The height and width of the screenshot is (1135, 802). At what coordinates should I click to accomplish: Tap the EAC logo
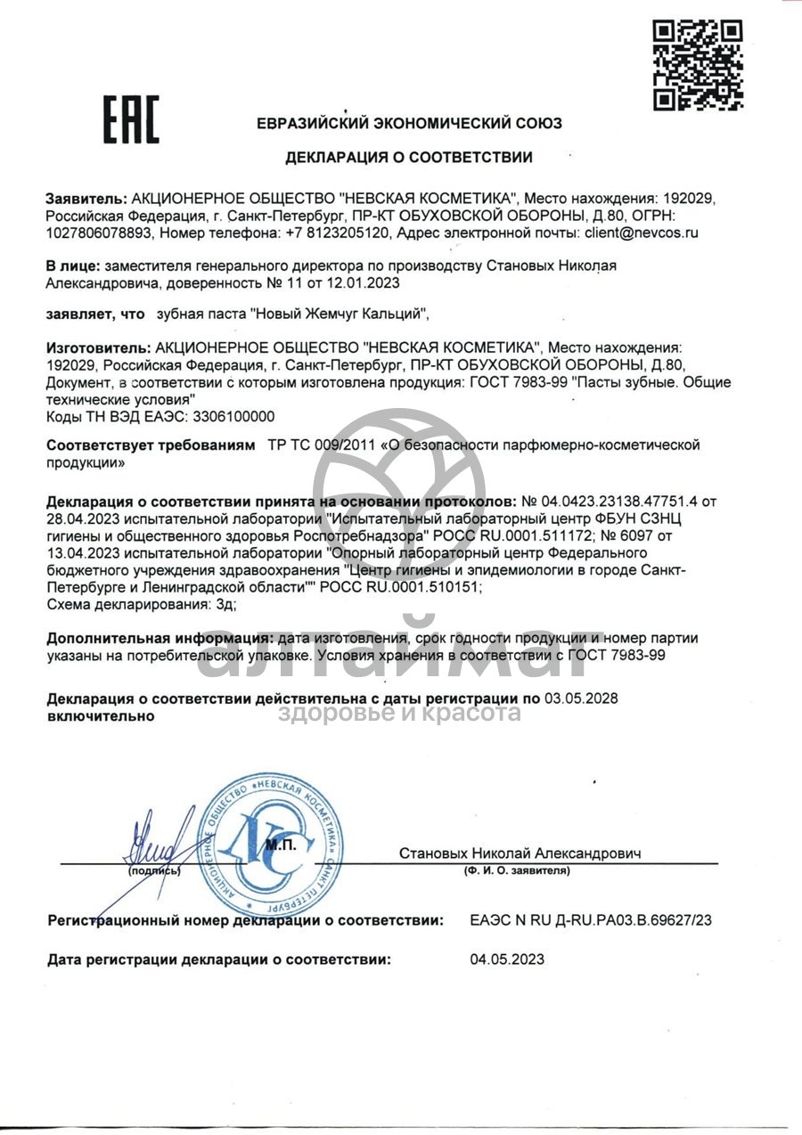(x=130, y=119)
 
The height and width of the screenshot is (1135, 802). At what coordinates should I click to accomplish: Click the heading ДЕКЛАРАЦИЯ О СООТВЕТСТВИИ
(x=409, y=158)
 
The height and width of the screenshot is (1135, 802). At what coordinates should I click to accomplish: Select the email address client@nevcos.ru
(x=642, y=233)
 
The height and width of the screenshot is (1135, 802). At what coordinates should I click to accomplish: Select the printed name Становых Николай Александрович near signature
(x=520, y=853)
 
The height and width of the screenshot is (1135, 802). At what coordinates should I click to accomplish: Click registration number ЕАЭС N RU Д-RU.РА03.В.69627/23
(x=591, y=920)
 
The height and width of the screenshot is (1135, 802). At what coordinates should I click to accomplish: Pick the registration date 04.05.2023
(x=506, y=959)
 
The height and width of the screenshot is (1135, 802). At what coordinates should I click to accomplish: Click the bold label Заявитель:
(x=86, y=197)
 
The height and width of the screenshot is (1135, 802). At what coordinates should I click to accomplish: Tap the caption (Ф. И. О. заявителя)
(x=517, y=870)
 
